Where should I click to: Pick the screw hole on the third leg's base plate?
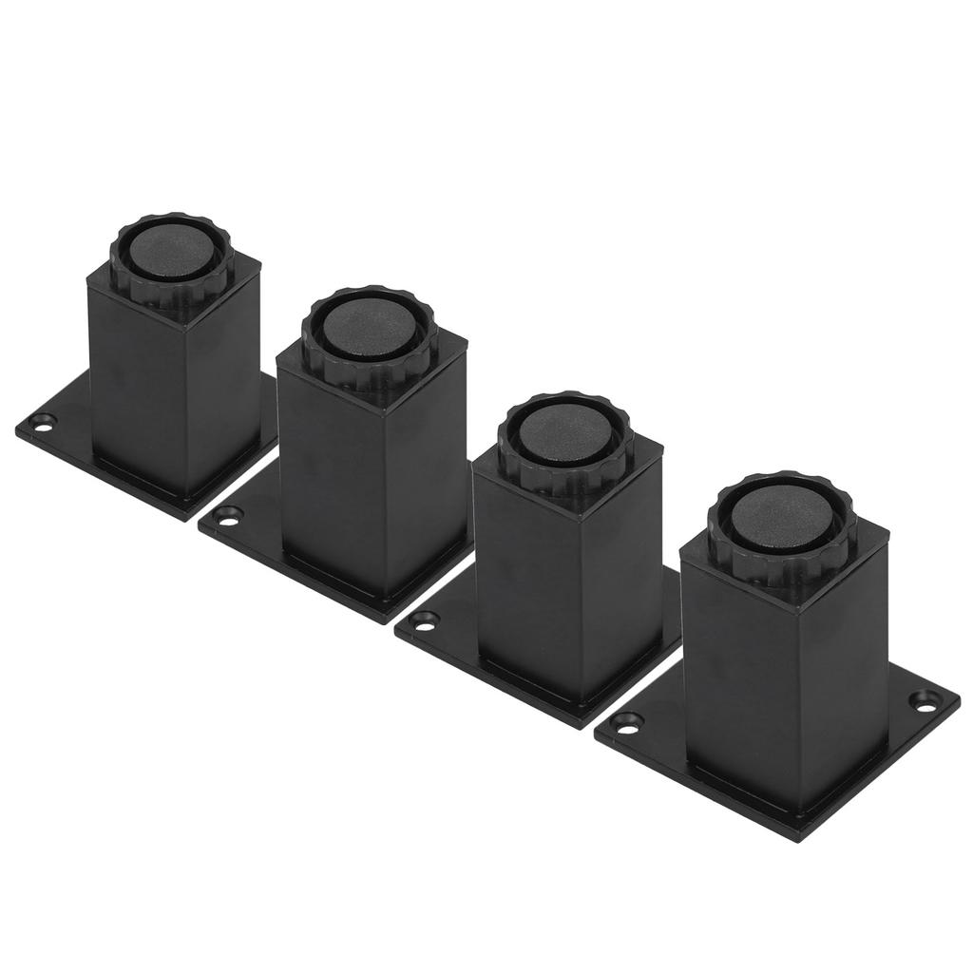425,624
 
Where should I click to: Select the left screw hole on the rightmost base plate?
625,724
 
